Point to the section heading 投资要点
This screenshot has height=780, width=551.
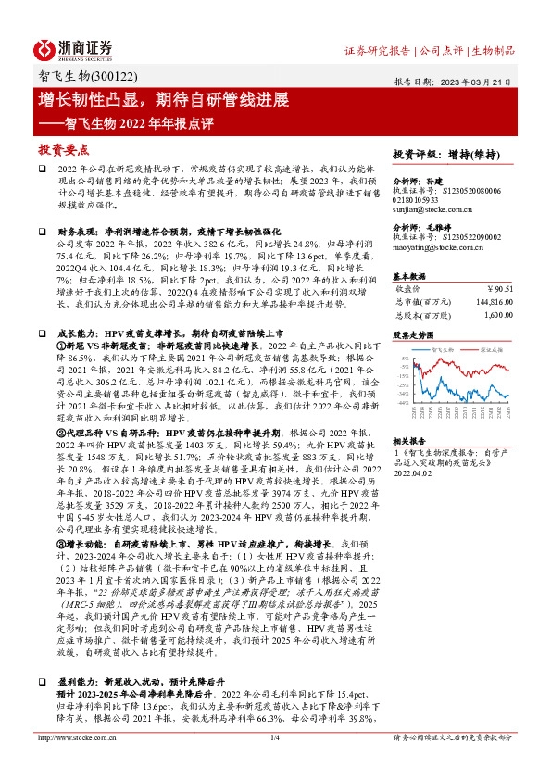pos(64,148)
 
